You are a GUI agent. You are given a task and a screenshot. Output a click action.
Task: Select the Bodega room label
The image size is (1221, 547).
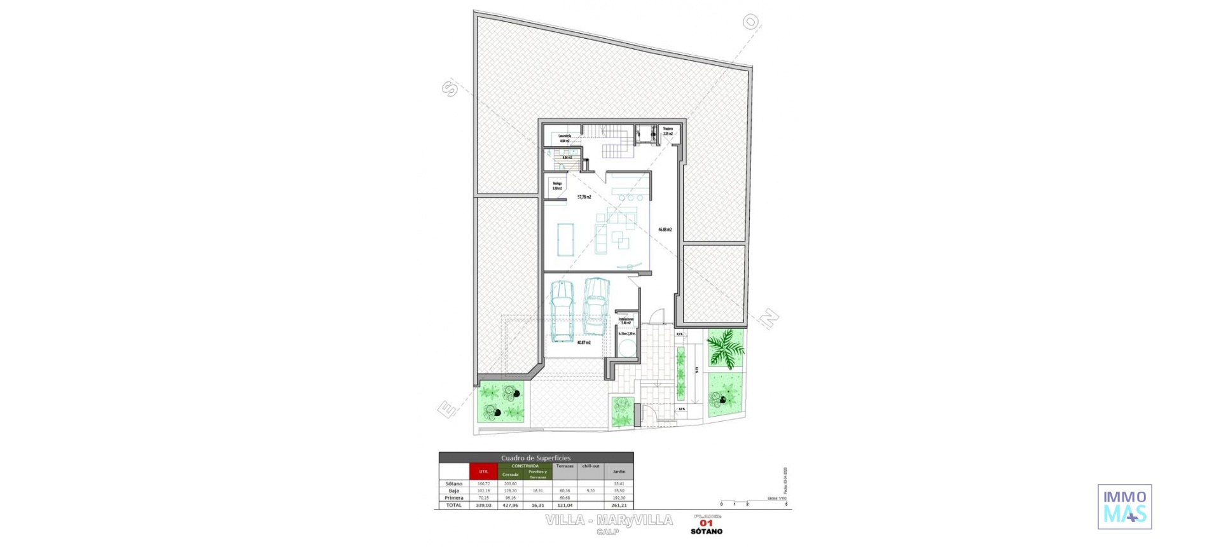(x=557, y=186)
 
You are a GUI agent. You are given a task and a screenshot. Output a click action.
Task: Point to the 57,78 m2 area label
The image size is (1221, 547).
(x=584, y=197)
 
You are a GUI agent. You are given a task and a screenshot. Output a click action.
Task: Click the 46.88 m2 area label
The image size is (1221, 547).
(x=665, y=230)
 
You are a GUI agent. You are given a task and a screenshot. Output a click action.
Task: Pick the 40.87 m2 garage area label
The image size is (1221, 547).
(x=584, y=343)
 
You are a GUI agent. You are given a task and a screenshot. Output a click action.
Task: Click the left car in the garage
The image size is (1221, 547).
(x=562, y=311)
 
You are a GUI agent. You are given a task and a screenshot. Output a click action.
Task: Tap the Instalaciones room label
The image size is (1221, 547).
(x=626, y=321)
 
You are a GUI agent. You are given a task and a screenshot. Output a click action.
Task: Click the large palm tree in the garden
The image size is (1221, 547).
(x=726, y=349)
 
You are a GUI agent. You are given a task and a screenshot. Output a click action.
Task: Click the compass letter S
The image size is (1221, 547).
(x=450, y=88)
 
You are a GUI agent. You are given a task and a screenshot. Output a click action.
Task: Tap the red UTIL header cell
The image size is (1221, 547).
(x=483, y=471)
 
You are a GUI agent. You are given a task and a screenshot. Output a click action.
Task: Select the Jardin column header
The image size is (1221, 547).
(x=619, y=471)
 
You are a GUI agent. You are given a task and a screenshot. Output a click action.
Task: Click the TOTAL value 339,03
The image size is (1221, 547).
(x=483, y=505)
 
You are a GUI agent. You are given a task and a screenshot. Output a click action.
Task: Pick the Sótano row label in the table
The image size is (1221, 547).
(x=454, y=484)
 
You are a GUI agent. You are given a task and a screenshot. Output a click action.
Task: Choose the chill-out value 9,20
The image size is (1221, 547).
(x=591, y=491)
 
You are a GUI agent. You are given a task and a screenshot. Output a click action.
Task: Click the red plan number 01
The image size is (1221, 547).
(x=706, y=523)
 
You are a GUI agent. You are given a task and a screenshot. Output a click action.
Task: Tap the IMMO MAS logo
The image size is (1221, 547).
(x=1124, y=506)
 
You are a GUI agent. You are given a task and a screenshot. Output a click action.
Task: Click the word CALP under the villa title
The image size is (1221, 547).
(x=608, y=532)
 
